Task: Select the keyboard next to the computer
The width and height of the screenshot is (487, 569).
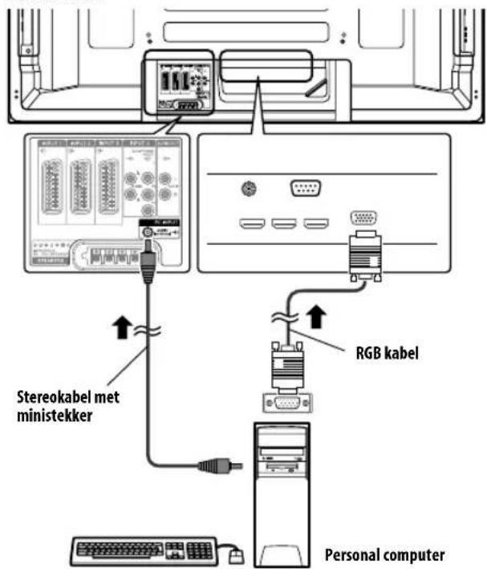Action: point(144,551)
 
